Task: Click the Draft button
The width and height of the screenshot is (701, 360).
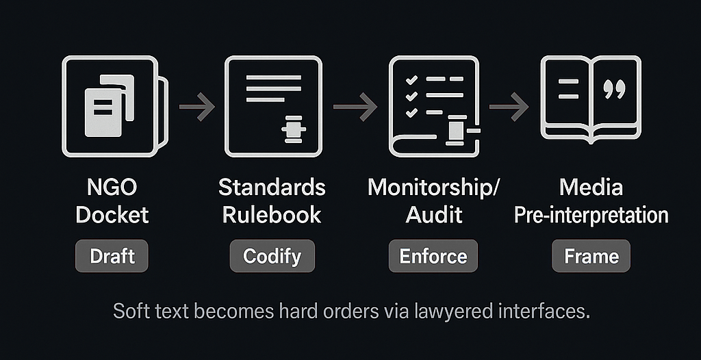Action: coord(112,257)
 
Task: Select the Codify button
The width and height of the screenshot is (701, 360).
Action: coord(272,257)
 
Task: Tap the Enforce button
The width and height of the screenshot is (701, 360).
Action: coord(433,257)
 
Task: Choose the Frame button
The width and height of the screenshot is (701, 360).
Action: coord(591,257)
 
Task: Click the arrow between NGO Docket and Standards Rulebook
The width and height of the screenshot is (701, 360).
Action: coord(196,107)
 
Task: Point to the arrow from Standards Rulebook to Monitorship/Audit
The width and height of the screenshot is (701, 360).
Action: coord(355,107)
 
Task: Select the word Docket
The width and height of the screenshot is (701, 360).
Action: coord(112,215)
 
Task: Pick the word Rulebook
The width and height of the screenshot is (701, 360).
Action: coord(272,215)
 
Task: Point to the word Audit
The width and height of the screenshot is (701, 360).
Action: coord(434,215)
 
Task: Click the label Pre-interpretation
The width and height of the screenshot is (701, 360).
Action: coord(591,215)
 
